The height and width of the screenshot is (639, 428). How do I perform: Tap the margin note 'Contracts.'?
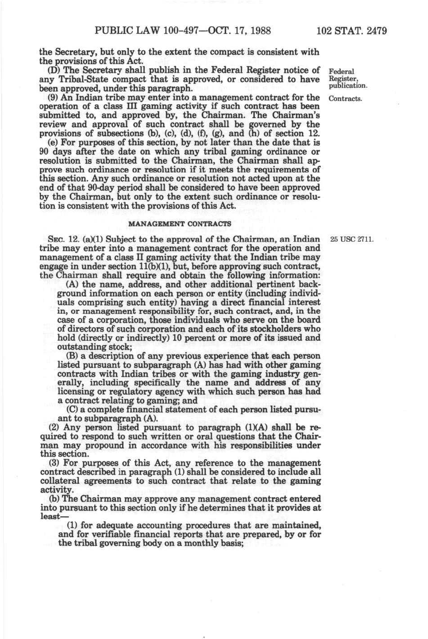pyautogui.click(x=346, y=98)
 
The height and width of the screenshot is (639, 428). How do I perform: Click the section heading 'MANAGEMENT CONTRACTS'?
pyautogui.click(x=180, y=224)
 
